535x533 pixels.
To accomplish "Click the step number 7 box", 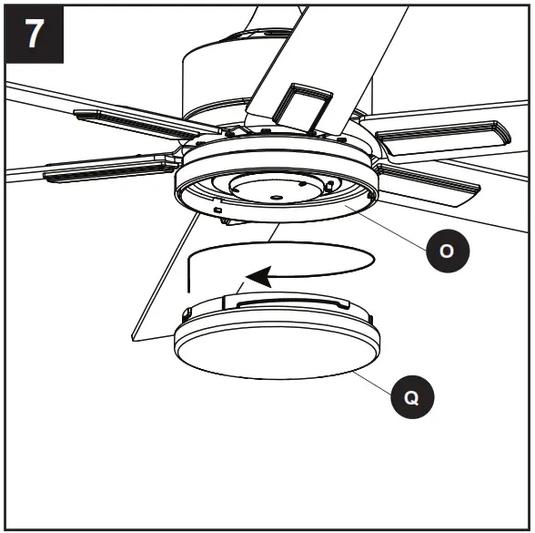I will (33, 33).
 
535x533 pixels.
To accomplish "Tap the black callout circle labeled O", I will (444, 251).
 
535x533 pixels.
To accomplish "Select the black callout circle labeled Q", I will (412, 398).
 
